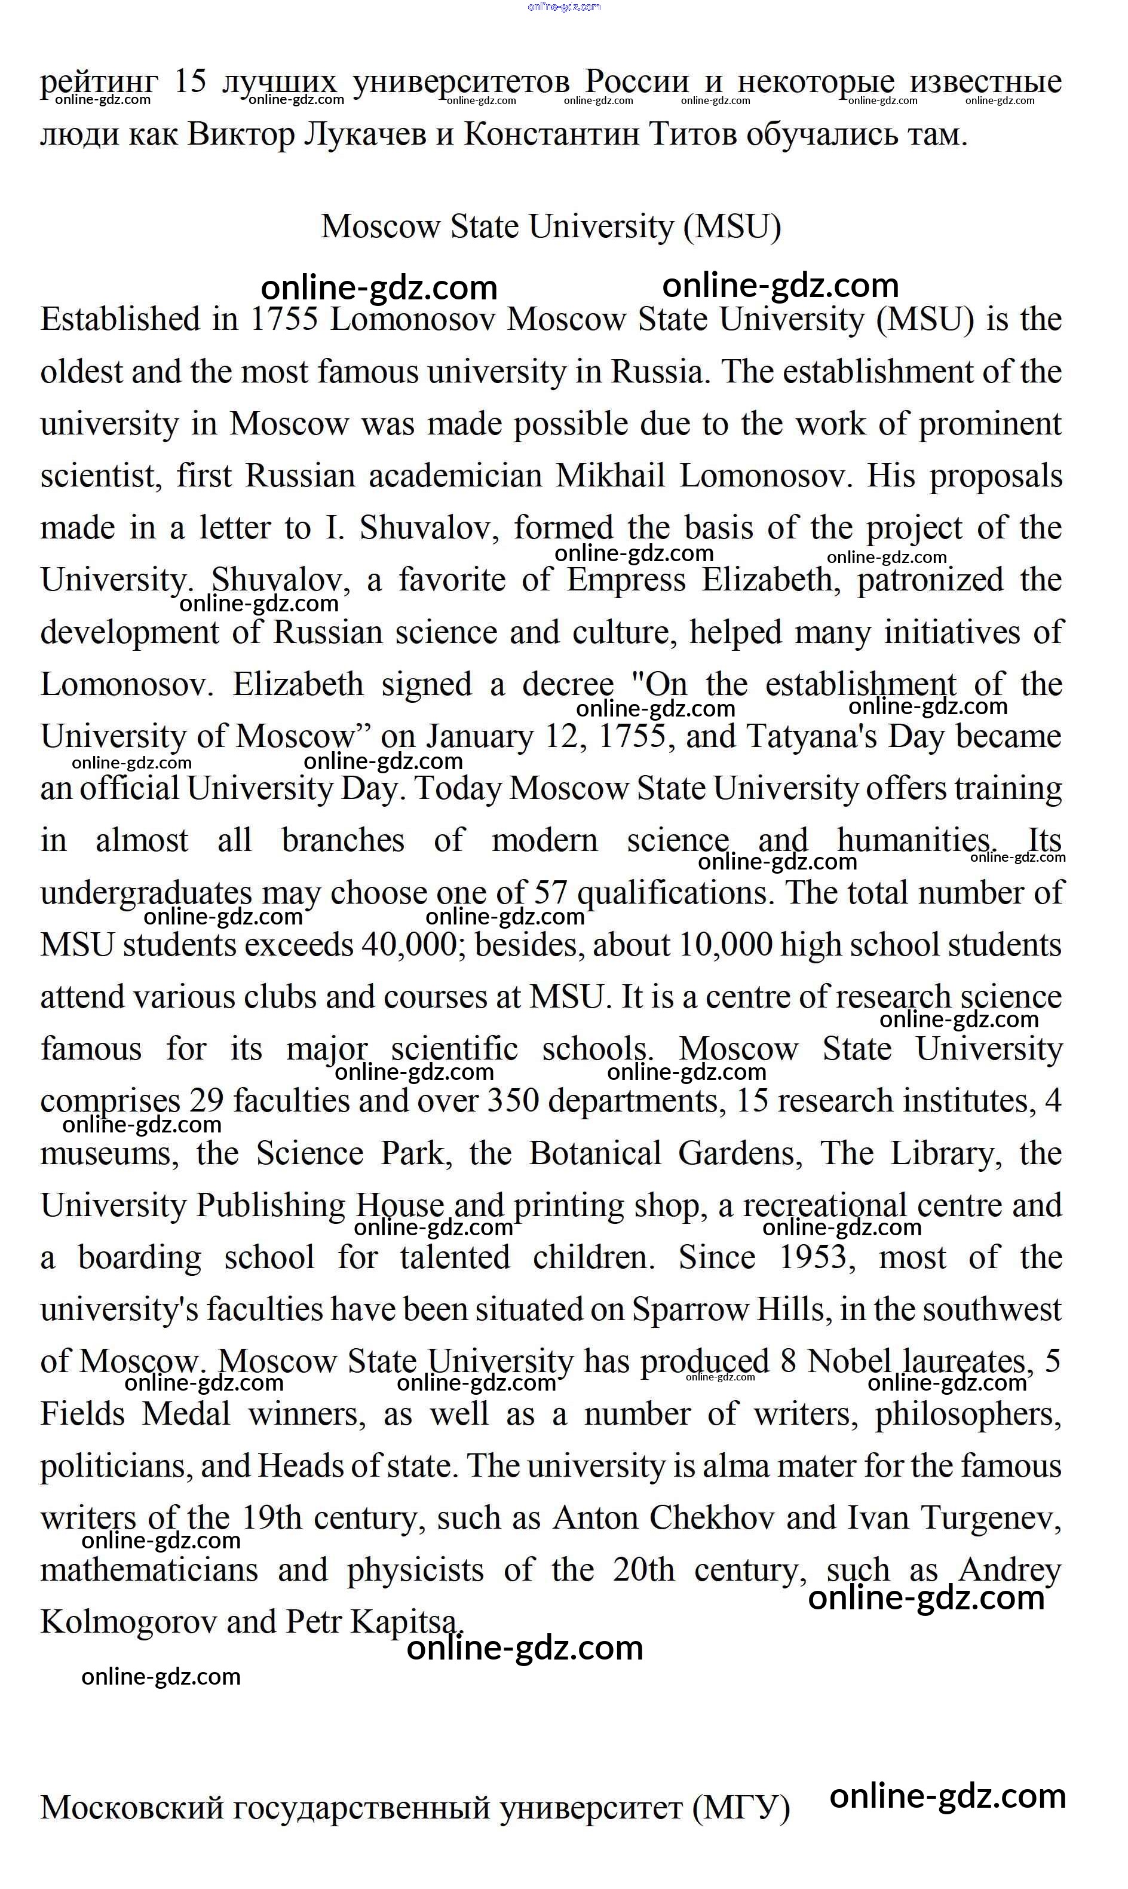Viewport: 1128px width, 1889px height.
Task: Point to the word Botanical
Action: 595,1154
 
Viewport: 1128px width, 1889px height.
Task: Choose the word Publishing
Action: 271,1205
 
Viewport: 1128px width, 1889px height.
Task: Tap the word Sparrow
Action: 690,1310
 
